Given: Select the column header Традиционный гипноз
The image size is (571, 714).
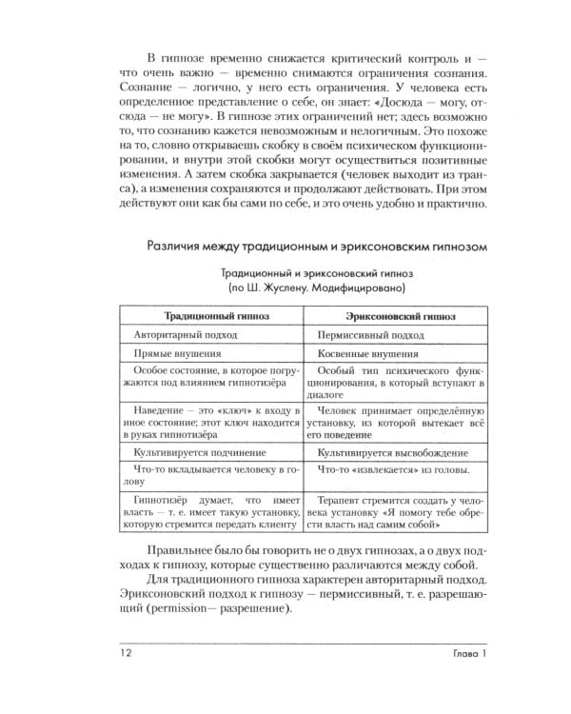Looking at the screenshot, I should click(210, 315).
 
